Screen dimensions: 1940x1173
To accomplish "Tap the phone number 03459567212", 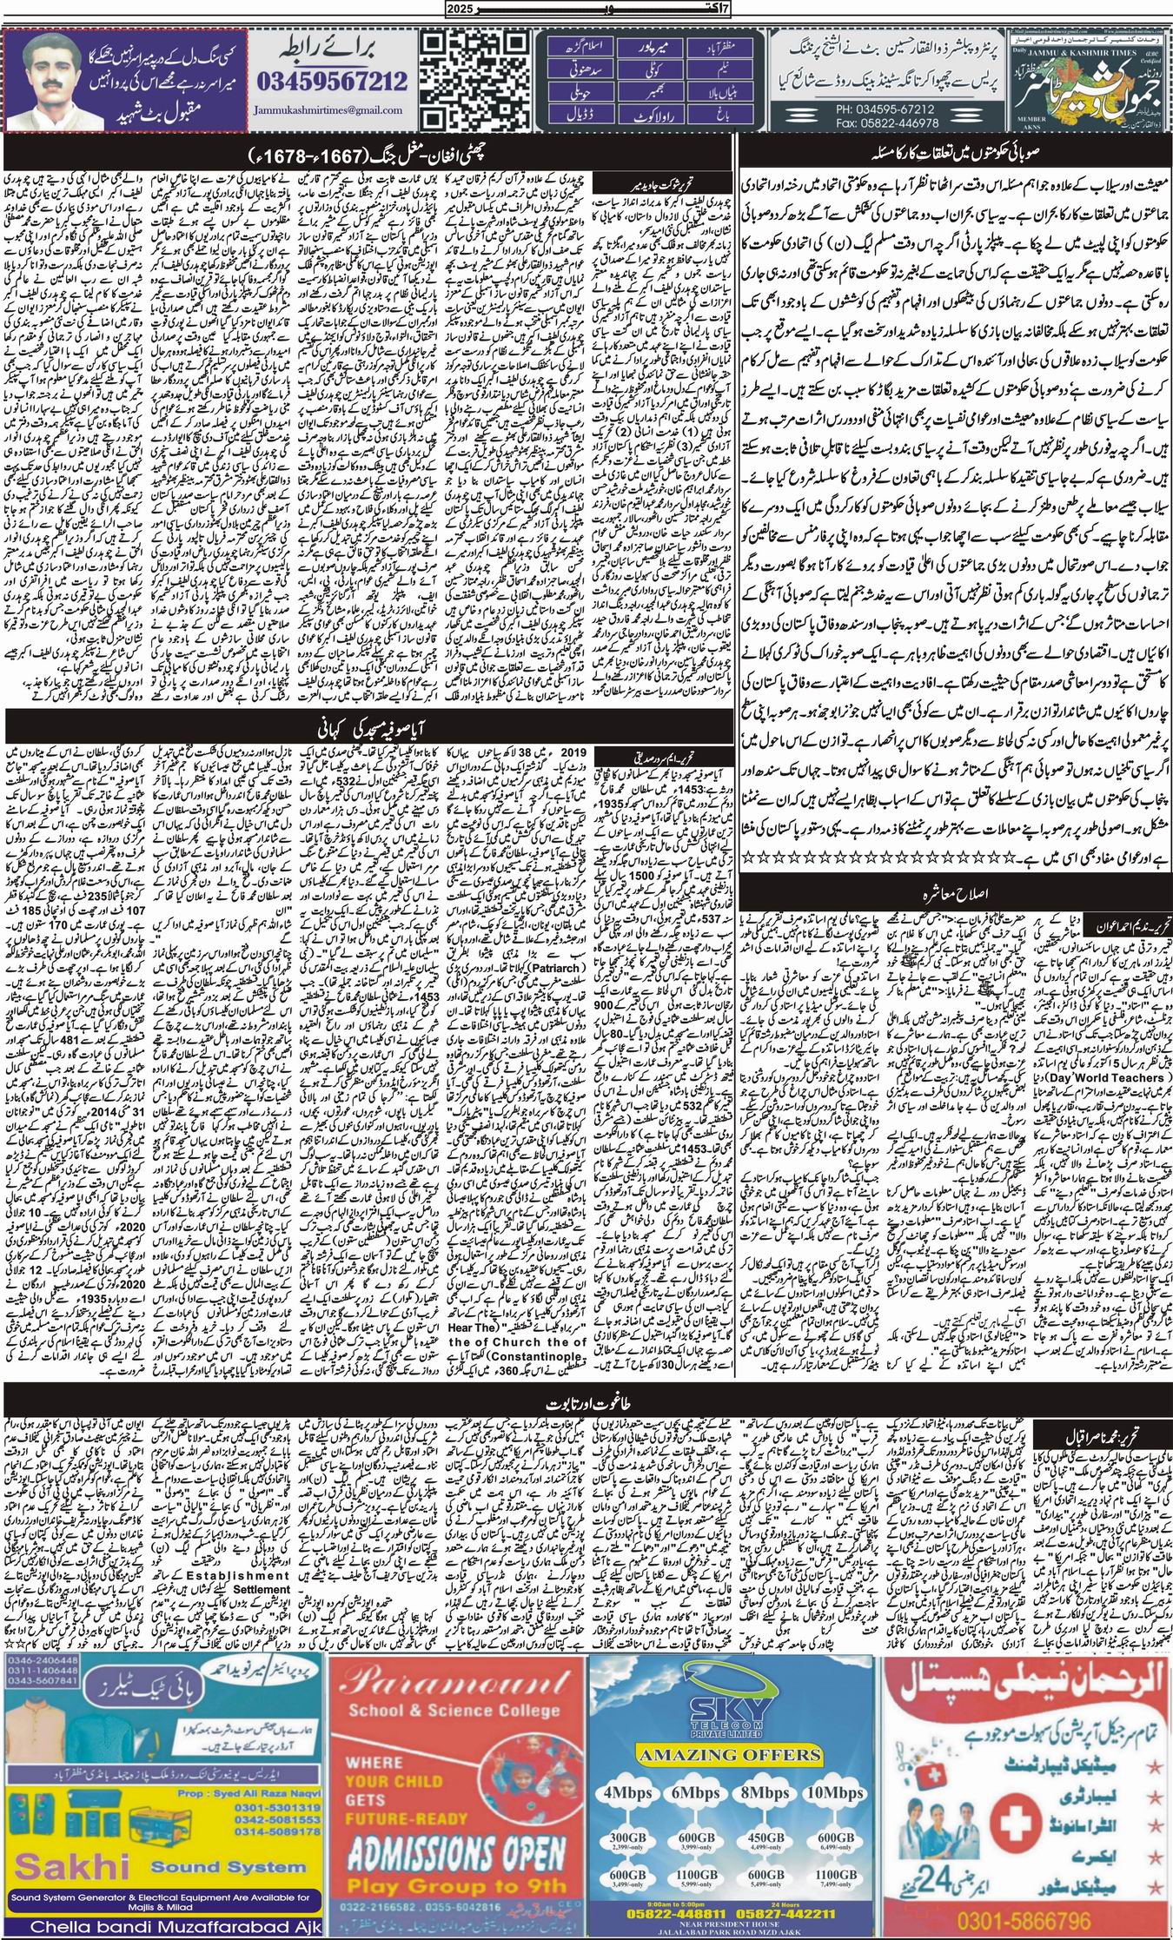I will click(332, 82).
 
